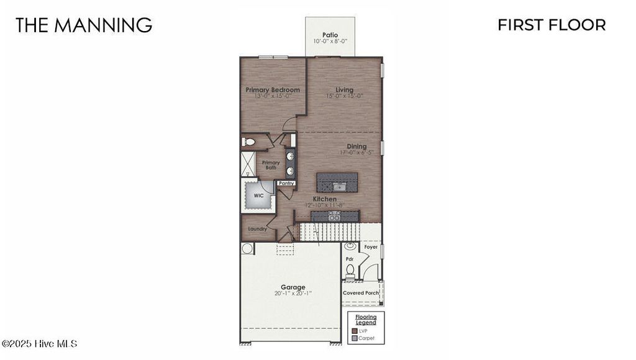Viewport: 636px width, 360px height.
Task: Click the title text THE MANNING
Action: [84, 25]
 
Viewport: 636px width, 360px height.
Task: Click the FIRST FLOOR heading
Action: [552, 25]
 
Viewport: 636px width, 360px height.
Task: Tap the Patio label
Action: [330, 35]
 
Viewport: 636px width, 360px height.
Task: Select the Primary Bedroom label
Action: [272, 90]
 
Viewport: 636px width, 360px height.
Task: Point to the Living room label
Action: [344, 90]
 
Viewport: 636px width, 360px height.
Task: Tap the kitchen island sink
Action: [338, 185]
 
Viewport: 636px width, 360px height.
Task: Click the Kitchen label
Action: [324, 199]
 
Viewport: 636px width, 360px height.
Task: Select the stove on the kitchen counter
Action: [334, 215]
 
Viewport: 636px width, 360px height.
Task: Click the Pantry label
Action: [286, 183]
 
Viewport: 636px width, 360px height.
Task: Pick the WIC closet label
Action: [258, 196]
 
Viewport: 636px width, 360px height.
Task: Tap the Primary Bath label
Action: [271, 164]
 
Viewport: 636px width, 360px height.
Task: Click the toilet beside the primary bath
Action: [249, 142]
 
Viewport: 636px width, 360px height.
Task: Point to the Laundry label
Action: [257, 229]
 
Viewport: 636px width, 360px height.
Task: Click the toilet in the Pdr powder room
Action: [350, 269]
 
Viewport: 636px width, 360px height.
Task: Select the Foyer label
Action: [371, 247]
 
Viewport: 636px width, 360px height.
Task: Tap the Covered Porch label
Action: [361, 293]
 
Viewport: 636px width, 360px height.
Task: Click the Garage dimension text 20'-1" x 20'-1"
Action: [293, 294]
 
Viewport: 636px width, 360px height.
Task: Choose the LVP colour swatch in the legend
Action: [355, 331]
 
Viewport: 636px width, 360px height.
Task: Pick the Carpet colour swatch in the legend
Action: [355, 338]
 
